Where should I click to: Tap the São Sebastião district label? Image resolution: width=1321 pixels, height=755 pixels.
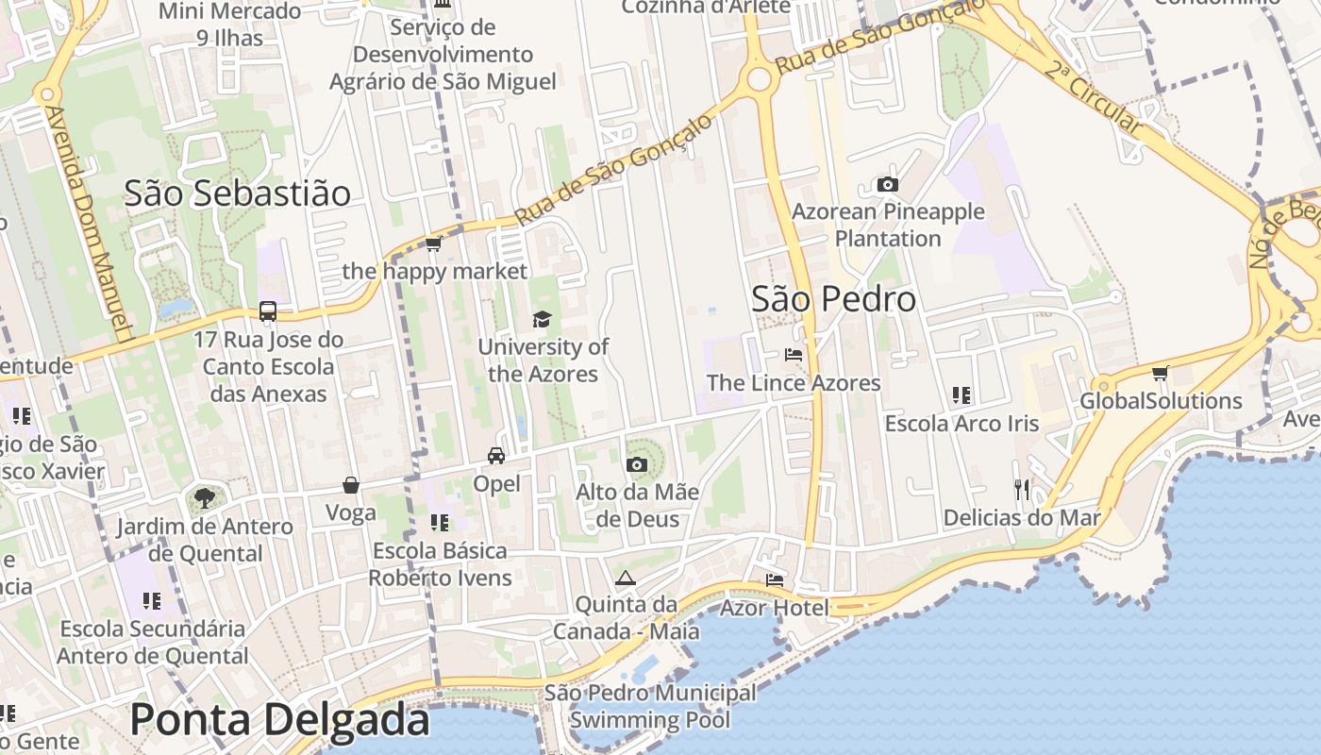tap(237, 193)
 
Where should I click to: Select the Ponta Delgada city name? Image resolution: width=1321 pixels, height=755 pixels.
tap(279, 719)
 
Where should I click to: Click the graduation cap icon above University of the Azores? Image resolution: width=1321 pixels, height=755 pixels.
tap(542, 319)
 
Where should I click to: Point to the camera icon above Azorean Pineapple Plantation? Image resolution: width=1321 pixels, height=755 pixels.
tap(887, 184)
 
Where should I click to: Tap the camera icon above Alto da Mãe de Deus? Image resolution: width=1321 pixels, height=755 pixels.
tap(636, 464)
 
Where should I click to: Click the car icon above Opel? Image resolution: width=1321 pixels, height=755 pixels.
tap(495, 456)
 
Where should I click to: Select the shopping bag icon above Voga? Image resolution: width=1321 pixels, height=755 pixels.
tap(351, 485)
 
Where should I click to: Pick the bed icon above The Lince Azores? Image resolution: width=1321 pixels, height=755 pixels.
tap(794, 355)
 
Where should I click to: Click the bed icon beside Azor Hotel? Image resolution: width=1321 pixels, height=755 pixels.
tap(775, 579)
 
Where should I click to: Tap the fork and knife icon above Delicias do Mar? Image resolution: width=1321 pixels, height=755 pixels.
tap(1022, 489)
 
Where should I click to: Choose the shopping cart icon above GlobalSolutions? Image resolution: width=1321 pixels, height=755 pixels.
tap(1160, 374)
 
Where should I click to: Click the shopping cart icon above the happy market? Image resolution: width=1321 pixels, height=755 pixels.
tap(433, 243)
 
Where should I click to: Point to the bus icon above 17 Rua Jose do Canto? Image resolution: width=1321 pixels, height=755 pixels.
tap(268, 311)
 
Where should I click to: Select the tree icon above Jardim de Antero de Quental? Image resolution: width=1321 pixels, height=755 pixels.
tap(204, 497)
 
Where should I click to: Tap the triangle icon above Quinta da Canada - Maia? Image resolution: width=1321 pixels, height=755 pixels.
tap(624, 578)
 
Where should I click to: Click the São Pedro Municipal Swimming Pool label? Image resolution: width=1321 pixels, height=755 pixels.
tap(650, 707)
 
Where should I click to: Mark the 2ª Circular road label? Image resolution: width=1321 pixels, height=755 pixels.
tap(1095, 96)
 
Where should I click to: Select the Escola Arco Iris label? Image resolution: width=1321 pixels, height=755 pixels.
tap(961, 424)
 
